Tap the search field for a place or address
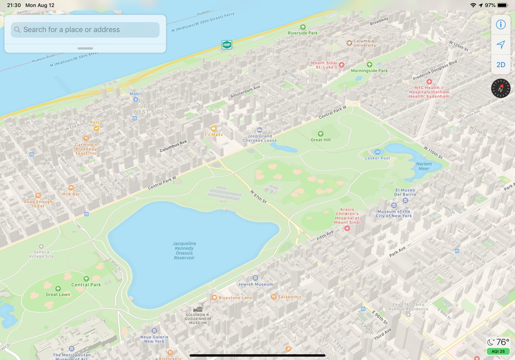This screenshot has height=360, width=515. tap(85, 30)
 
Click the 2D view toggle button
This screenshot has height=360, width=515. tap(501, 65)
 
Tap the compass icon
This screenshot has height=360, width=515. tap(501, 88)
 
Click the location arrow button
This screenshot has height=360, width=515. tap(501, 45)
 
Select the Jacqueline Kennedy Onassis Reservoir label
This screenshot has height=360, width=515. tap(184, 251)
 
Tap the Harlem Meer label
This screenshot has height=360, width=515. tap(424, 166)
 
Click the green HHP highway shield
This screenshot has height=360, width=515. tap(227, 45)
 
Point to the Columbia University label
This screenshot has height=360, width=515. tap(364, 43)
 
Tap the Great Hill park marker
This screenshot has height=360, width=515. tap(321, 134)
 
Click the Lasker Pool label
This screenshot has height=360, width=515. tap(377, 158)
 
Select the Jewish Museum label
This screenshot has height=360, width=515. tap(255, 284)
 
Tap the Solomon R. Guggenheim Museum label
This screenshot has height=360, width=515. tap(198, 318)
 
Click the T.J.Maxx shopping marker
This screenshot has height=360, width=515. tap(213, 129)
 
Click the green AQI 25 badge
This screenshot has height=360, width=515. tap(498, 351)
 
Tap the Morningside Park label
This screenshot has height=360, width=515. tap(369, 71)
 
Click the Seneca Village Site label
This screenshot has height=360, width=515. tap(41, 254)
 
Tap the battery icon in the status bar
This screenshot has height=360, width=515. tap(502, 5)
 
